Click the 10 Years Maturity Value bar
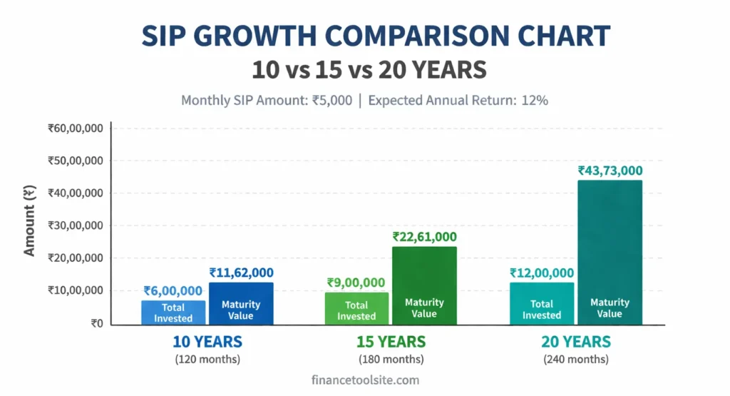click(x=241, y=304)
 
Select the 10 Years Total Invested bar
click(x=173, y=312)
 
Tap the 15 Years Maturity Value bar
click(x=424, y=285)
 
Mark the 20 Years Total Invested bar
click(x=542, y=303)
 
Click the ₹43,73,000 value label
click(x=610, y=171)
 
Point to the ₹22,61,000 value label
click(x=424, y=237)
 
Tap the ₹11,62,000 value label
click(x=241, y=273)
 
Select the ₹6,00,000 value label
click(x=173, y=290)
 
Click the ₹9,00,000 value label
click(x=356, y=283)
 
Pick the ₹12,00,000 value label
click(x=542, y=273)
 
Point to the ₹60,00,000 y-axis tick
click(x=76, y=128)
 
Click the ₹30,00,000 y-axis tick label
click(x=76, y=225)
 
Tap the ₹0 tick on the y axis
click(x=96, y=323)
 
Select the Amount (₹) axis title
click(x=30, y=222)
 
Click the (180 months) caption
click(x=391, y=359)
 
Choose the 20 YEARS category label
click(x=576, y=341)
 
